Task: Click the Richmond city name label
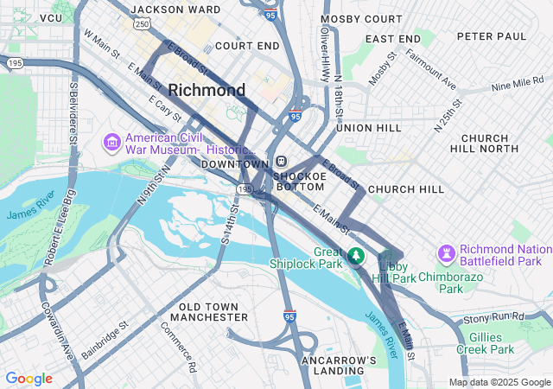click(207, 90)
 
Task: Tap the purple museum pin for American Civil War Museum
click(112, 141)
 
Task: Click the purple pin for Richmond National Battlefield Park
click(447, 253)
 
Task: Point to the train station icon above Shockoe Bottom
click(282, 162)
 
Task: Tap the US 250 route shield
click(141, 23)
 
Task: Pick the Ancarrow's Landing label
click(339, 365)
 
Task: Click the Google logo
click(29, 379)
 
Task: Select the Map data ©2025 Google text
click(499, 382)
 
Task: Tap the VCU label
click(51, 17)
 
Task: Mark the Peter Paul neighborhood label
click(491, 36)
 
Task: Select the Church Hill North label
click(497, 143)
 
